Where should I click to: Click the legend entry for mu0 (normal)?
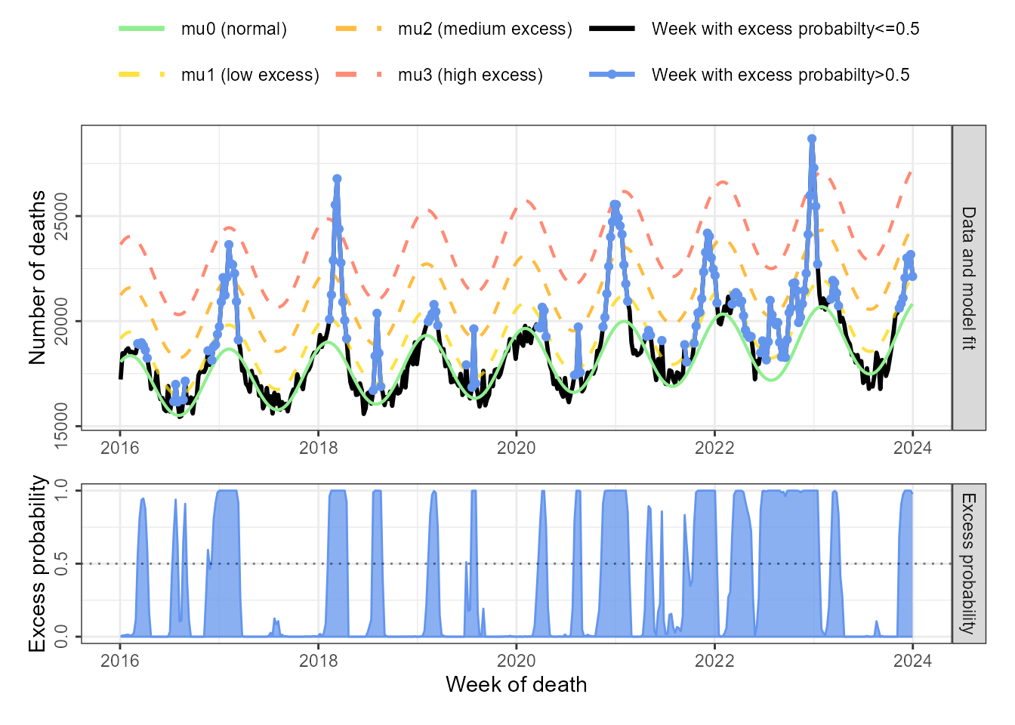233,29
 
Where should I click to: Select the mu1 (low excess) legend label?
250,76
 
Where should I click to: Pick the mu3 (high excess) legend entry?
470,76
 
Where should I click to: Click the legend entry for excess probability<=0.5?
785,29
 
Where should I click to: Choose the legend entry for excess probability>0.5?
780,76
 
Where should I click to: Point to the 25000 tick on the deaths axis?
61,216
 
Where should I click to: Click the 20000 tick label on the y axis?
61,321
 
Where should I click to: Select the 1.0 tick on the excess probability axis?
61,490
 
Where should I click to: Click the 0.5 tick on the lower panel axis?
61,563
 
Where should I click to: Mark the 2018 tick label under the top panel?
318,448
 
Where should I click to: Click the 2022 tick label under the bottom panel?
714,661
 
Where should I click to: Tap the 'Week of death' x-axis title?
516,685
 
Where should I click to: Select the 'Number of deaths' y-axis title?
38,278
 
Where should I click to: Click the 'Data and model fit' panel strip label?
968,278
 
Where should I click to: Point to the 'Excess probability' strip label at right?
968,563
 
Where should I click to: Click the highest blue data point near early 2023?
812,139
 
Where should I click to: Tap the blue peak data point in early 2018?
337,179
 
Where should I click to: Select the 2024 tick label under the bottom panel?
912,661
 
